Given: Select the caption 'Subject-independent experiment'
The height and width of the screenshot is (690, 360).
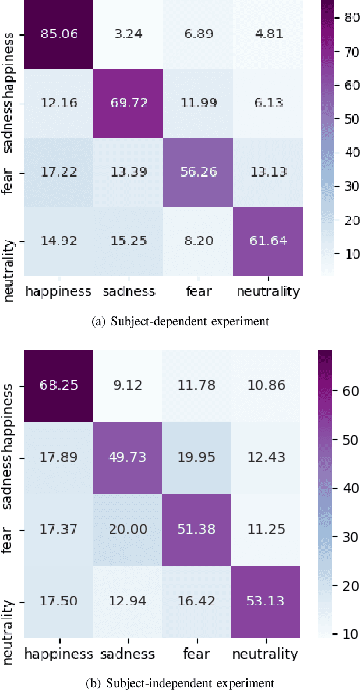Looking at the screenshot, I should click(180, 682).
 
